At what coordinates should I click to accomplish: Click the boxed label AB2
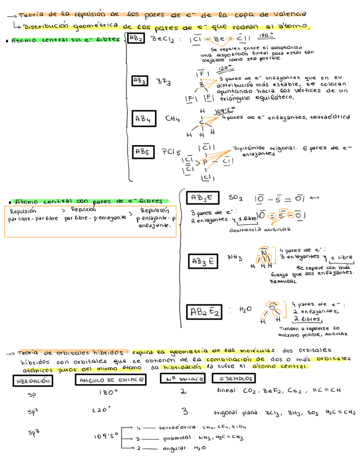(x=136, y=39)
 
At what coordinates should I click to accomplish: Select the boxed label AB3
(x=140, y=81)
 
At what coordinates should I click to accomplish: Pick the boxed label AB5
(x=143, y=152)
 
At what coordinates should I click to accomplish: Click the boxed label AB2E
(x=203, y=198)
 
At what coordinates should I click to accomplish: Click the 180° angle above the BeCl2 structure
(x=265, y=35)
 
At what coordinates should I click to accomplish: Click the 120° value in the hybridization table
(x=102, y=410)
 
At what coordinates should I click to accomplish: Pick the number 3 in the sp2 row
(x=185, y=411)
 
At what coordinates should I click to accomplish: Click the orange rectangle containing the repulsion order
(x=90, y=221)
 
